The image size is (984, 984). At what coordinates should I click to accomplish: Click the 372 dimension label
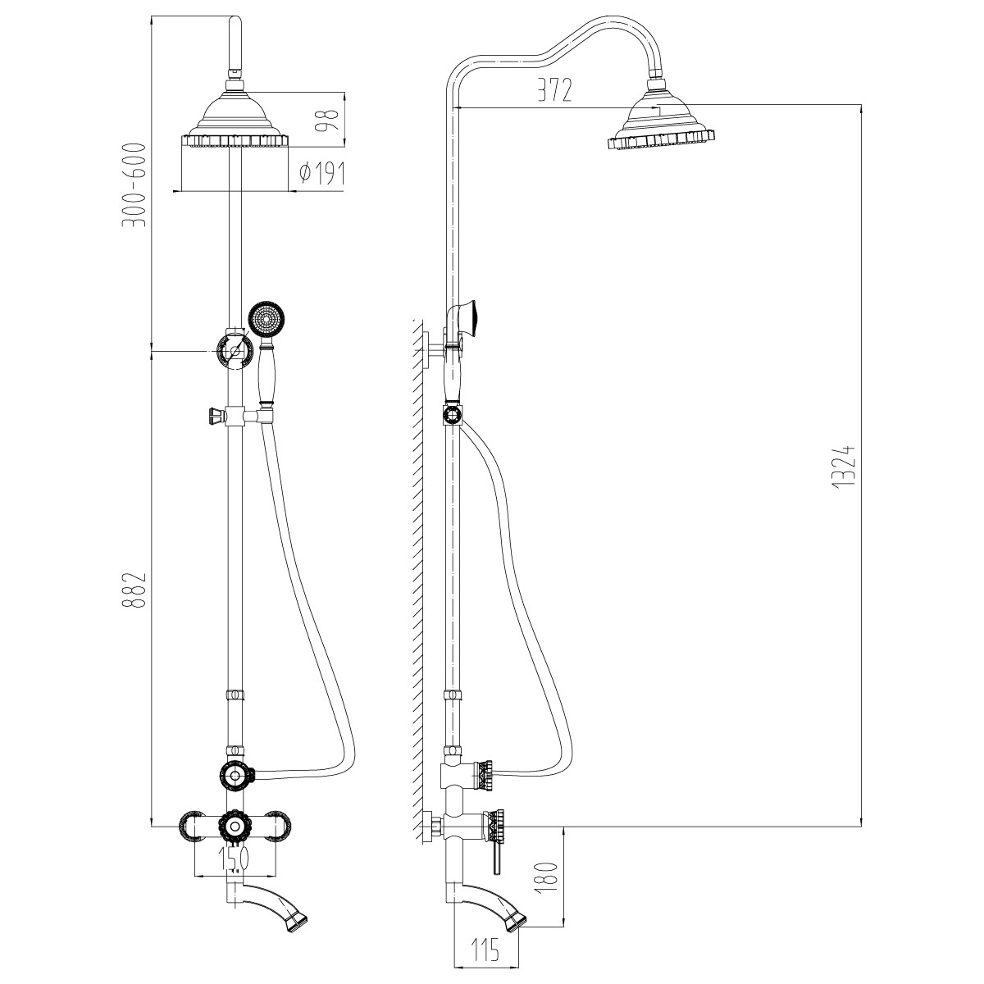pyautogui.click(x=554, y=90)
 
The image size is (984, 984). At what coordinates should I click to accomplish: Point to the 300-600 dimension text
pyautogui.click(x=134, y=185)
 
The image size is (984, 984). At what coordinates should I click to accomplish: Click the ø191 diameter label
pyautogui.click(x=322, y=174)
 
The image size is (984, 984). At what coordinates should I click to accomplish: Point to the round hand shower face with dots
pyautogui.click(x=266, y=320)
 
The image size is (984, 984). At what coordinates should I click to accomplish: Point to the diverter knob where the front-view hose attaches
pyautogui.click(x=235, y=777)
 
